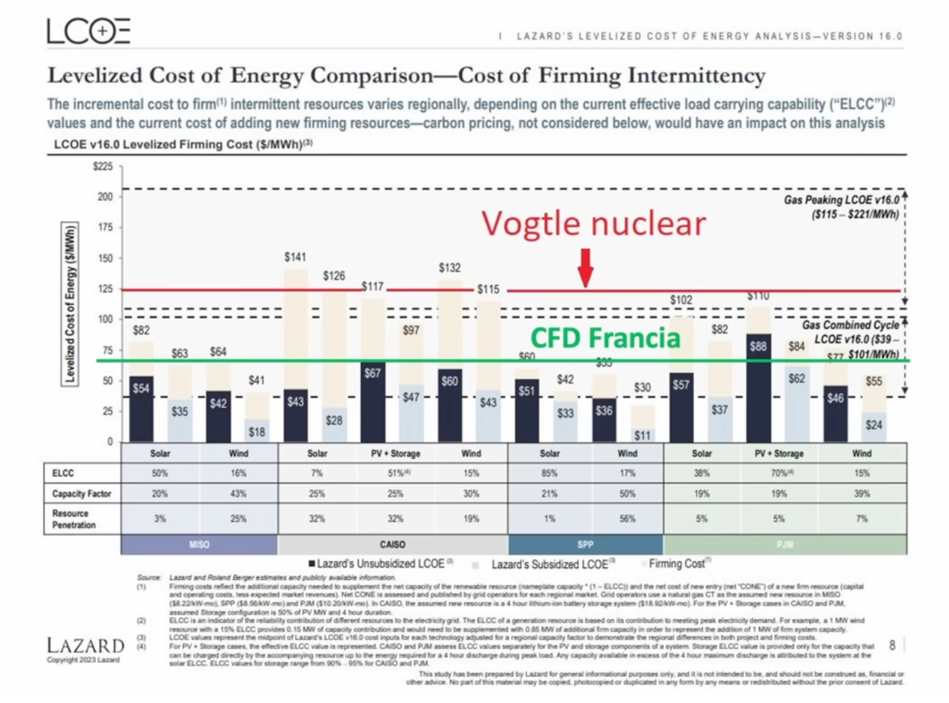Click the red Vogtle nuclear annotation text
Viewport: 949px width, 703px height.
592,223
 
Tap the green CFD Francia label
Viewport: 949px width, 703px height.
605,338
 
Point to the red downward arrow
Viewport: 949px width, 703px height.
586,268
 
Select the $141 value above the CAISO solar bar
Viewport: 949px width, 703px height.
296,257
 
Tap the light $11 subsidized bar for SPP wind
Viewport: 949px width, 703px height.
643,435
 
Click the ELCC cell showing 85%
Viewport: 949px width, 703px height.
549,472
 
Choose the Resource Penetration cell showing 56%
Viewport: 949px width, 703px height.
627,519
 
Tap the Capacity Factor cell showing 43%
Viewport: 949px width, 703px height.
237,493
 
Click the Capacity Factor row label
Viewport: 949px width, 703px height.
82,493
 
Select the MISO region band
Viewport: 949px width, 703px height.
199,544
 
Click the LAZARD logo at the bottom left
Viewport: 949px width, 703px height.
85,644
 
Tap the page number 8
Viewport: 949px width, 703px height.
893,645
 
